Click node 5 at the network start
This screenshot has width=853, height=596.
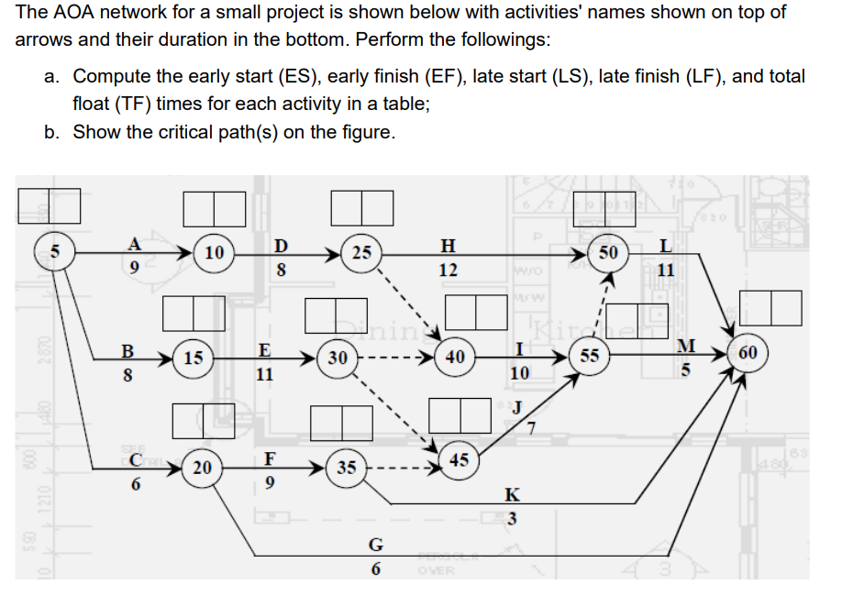tap(53, 250)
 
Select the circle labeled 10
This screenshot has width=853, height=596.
tap(214, 252)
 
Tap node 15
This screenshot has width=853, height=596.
tap(193, 358)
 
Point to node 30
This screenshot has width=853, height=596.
tap(337, 359)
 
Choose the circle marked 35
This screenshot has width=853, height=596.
tap(346, 468)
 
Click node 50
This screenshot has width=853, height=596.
tap(607, 251)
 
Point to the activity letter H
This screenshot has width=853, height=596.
tap(447, 245)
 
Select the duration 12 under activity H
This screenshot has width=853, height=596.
tap(448, 271)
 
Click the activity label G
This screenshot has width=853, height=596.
tap(375, 544)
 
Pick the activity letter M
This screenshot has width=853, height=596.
tap(684, 345)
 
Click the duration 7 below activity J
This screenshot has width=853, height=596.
tap(529, 431)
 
